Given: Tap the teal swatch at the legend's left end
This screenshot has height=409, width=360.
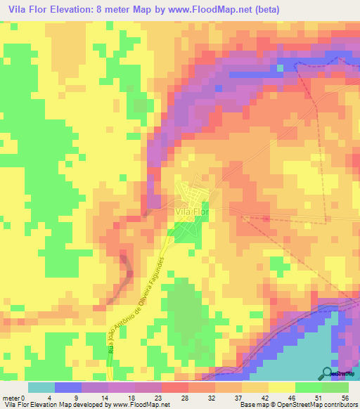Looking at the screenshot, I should coord(41,387).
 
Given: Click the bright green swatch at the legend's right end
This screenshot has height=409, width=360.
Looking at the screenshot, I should coord(335,387).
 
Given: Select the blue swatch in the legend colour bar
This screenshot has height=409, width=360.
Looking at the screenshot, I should coord(68,387).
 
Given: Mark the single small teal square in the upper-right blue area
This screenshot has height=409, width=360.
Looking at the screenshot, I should coord(280,68).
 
